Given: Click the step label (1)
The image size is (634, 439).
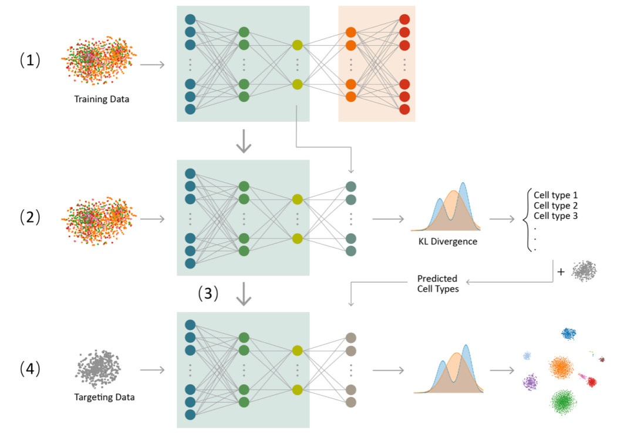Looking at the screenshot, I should (x=30, y=61).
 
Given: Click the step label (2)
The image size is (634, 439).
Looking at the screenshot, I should (x=30, y=217).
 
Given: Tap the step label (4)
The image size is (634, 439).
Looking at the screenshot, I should (x=30, y=368).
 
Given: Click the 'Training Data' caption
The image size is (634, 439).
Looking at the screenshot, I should (x=102, y=99).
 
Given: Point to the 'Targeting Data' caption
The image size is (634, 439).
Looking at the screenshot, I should (x=104, y=397).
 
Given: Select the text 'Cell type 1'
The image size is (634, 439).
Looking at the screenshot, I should (x=556, y=195).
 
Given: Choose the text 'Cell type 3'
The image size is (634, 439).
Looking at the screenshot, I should (x=556, y=216).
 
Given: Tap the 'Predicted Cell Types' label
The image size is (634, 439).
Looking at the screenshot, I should (x=438, y=283).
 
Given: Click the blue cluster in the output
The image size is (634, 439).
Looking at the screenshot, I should (x=568, y=333).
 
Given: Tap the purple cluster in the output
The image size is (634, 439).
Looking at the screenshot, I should (x=531, y=382).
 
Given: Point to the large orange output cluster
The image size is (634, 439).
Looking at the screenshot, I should (x=562, y=367).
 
